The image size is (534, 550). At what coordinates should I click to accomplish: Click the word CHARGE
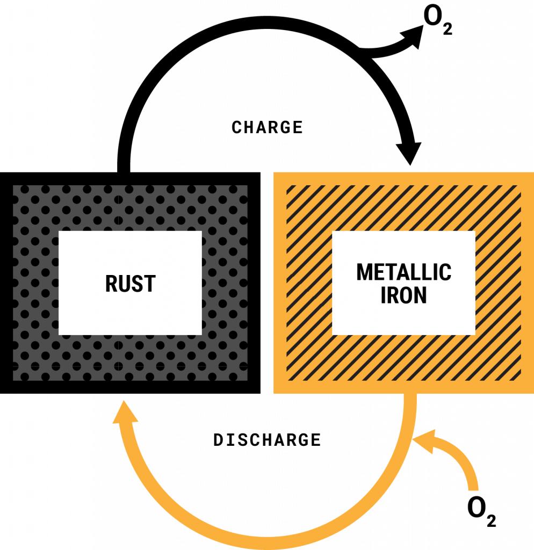267,127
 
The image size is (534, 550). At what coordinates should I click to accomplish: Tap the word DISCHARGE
267,440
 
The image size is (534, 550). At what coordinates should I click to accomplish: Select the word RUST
130,284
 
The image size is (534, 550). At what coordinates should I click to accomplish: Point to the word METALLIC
403,272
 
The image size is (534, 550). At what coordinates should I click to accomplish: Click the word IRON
403,296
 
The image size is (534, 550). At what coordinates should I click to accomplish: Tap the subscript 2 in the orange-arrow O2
491,519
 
